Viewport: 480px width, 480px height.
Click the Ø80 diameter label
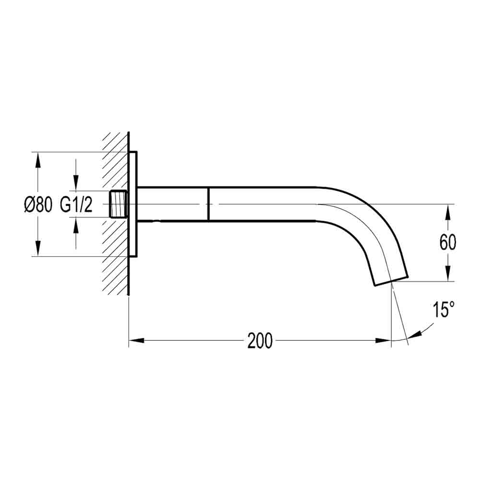pyautogui.click(x=37, y=204)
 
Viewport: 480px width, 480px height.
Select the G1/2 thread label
pyautogui.click(x=76, y=204)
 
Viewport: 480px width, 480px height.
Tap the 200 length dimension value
pyautogui.click(x=260, y=341)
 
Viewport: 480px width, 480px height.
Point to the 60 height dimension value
pyautogui.click(x=447, y=243)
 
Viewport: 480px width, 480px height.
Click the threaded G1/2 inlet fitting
pyautogui.click(x=120, y=204)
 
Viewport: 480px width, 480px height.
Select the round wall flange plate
pyautogui.click(x=133, y=204)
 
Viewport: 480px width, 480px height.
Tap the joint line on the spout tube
pyautogui.click(x=208, y=204)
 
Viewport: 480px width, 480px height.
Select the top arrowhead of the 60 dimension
pyautogui.click(x=447, y=211)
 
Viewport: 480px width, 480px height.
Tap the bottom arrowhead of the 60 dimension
pyautogui.click(x=447, y=274)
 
